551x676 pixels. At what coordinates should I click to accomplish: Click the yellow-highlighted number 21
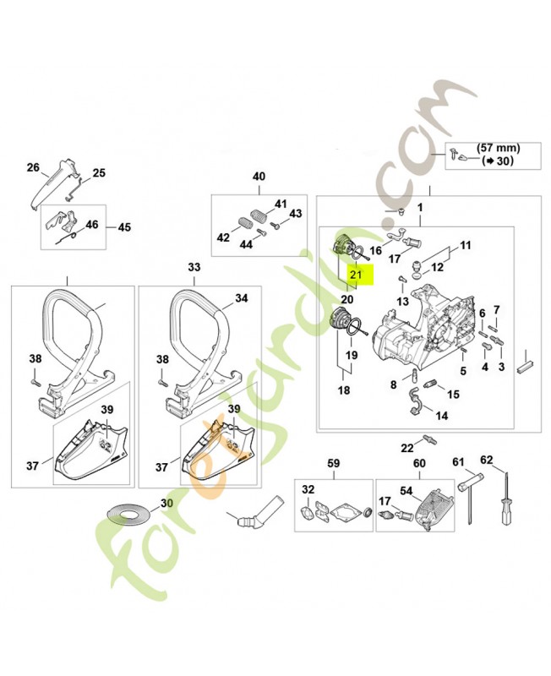coord(357,274)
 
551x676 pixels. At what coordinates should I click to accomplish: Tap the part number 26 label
coord(33,167)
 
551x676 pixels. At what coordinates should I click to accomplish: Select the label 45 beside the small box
coord(124,227)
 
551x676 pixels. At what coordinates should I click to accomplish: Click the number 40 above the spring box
coord(259,177)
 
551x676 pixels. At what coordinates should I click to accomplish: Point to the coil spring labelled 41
coord(256,210)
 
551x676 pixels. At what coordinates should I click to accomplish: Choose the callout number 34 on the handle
coord(241,298)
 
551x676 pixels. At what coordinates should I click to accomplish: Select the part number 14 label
coord(442,416)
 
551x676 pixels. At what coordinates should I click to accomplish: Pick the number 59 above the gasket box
coord(333,463)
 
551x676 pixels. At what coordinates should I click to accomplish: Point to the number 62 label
coord(486,461)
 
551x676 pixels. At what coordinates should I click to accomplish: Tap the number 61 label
coord(459,461)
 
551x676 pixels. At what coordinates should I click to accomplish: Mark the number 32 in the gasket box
coord(308,489)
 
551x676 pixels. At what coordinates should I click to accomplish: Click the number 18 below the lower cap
coord(344,390)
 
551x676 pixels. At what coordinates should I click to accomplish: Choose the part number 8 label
coord(393,384)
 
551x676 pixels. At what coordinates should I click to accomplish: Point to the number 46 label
coord(92,226)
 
